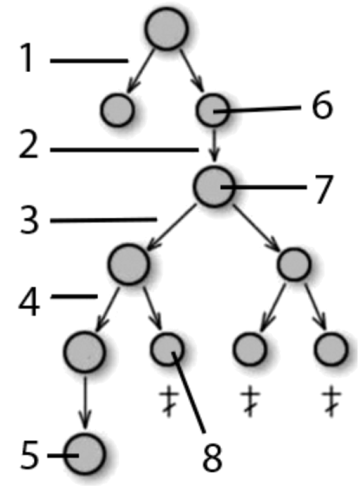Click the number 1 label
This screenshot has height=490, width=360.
27,58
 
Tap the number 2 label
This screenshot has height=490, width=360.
29,144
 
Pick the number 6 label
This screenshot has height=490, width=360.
322,105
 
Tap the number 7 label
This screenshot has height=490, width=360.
321,189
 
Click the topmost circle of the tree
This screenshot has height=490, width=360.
166,28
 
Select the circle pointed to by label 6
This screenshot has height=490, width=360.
212,110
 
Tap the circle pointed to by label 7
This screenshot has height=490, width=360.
214,186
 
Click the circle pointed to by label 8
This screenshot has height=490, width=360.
167,349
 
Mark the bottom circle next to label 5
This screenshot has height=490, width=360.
84,454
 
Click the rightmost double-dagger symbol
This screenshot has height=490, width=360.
332,401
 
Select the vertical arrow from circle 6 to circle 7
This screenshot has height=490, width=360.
214,145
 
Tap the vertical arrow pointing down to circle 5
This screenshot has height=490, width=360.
85,402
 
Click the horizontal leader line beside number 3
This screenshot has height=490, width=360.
103,220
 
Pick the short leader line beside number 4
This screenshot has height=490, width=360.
74,296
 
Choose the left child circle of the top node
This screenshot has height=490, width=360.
117,109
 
